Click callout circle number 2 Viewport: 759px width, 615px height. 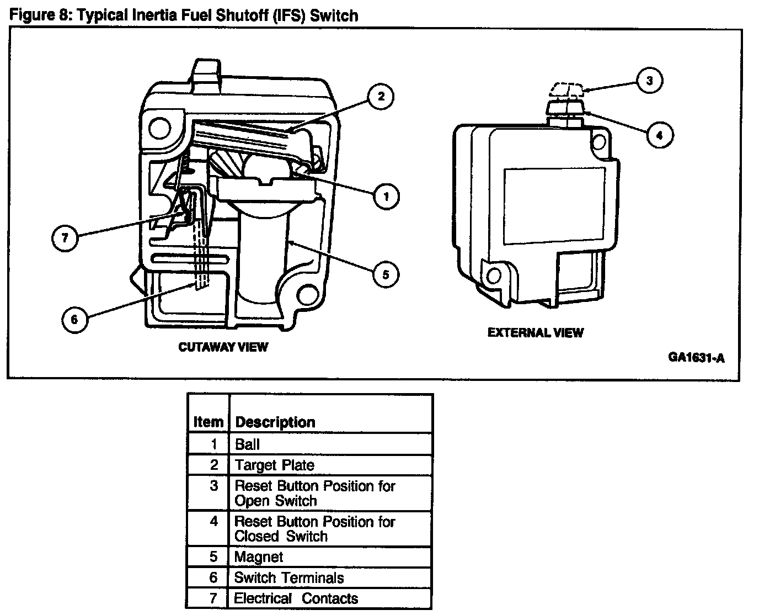click(x=380, y=97)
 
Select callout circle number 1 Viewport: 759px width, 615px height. click(x=386, y=195)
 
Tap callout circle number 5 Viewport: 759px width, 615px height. click(x=385, y=274)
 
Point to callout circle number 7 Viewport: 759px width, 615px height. click(x=66, y=238)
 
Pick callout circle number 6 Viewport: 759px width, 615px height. click(x=75, y=319)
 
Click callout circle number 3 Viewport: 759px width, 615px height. click(x=649, y=81)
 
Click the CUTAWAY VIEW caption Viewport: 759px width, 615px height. click(x=223, y=347)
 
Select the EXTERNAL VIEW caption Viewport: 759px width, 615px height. click(x=535, y=332)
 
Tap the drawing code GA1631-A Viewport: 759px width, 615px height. click(x=696, y=357)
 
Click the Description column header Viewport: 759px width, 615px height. click(x=275, y=422)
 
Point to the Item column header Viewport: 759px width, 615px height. click(x=208, y=422)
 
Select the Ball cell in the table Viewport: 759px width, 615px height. click(x=247, y=444)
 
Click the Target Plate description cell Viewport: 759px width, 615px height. click(x=274, y=465)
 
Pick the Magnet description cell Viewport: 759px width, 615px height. click(x=259, y=556)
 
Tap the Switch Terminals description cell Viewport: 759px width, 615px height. click(x=288, y=578)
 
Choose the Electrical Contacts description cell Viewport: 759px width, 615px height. click(x=296, y=598)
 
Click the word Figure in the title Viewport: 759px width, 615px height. click(x=33, y=15)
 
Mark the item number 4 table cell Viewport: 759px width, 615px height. click(x=214, y=522)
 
